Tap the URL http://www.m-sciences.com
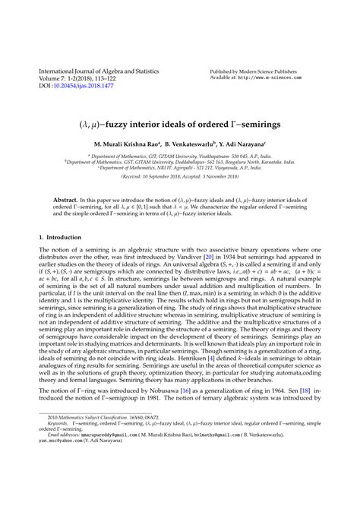coord(284,77)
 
